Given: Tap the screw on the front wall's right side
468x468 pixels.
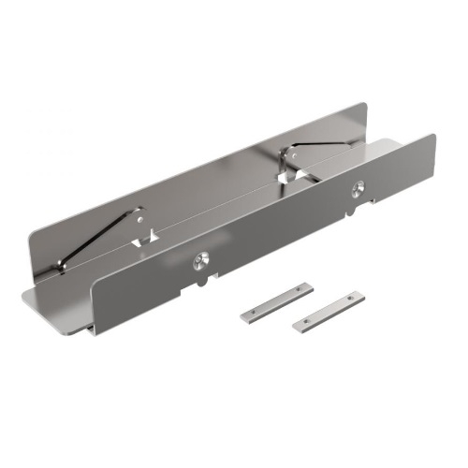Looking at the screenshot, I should pyautogui.click(x=357, y=190).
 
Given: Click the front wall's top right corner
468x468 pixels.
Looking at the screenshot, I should pyautogui.click(x=434, y=136).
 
